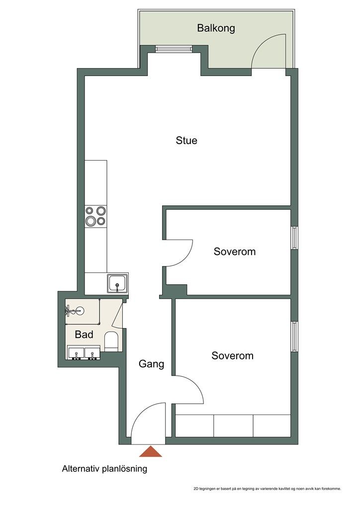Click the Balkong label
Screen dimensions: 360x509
216,28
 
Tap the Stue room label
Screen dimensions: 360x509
186,140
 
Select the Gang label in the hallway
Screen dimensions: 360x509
151,364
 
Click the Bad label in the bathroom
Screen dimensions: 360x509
84,335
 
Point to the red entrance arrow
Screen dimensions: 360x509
151,451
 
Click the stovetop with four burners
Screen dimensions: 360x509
96,216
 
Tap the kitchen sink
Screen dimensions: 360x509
117,283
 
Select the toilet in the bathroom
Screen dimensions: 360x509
111,341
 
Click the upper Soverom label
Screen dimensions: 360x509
234,252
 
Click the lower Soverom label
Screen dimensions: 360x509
232,356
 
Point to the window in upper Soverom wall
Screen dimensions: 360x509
294,238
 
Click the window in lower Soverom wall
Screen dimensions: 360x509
294,337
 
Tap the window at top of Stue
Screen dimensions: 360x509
174,49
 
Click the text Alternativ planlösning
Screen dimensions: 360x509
104,469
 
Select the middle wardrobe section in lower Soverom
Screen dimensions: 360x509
233,425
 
